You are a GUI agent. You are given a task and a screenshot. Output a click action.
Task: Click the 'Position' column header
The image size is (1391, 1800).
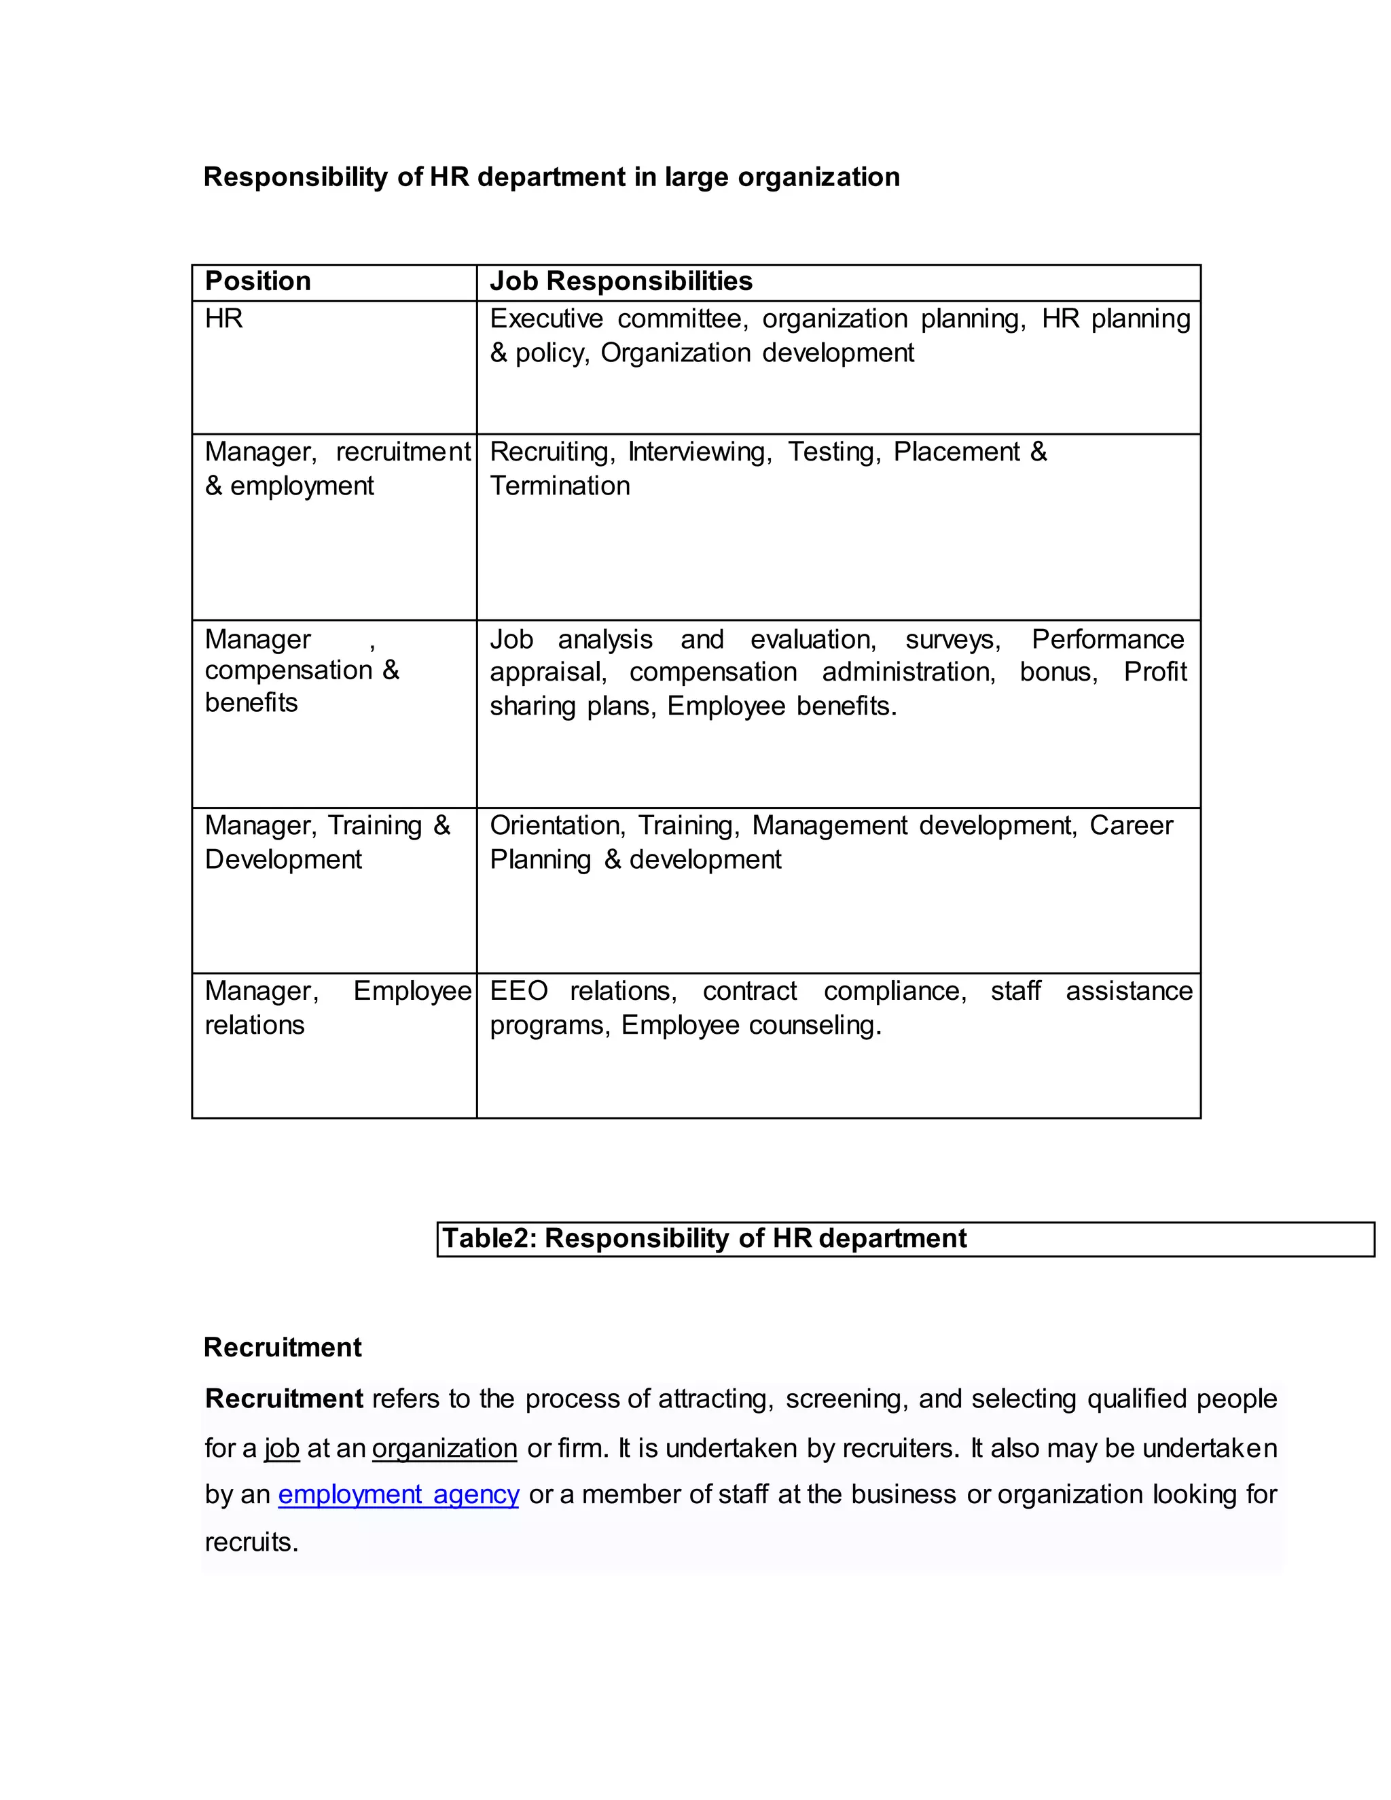click(x=257, y=281)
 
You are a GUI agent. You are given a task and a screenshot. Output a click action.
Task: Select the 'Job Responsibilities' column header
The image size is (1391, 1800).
click(x=621, y=281)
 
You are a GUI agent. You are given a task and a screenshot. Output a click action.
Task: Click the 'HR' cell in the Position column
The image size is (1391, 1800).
click(x=223, y=318)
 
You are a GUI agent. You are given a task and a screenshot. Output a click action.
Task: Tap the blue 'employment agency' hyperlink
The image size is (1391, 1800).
click(x=398, y=1494)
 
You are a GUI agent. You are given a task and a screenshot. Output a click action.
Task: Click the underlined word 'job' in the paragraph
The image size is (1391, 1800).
click(x=281, y=1448)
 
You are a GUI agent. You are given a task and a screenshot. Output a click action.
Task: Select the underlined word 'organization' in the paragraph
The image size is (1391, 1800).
click(x=444, y=1448)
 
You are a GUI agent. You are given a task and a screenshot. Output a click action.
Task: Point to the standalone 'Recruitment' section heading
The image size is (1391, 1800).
click(x=282, y=1347)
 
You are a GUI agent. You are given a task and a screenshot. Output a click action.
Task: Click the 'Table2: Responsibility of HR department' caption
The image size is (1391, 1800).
click(x=704, y=1238)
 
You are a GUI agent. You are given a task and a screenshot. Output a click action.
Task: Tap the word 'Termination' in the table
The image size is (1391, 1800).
click(x=560, y=486)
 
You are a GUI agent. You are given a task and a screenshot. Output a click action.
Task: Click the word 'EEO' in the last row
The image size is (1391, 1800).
click(x=518, y=990)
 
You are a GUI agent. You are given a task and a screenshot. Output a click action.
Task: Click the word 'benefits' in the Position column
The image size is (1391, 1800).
click(x=251, y=702)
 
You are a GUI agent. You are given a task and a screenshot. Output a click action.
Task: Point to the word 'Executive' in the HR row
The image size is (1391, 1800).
click(x=546, y=318)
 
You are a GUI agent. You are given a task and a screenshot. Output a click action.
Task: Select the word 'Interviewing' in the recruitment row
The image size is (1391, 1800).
click(x=699, y=452)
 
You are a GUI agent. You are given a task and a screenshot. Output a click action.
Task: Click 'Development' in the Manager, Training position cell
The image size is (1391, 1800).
click(x=283, y=859)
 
